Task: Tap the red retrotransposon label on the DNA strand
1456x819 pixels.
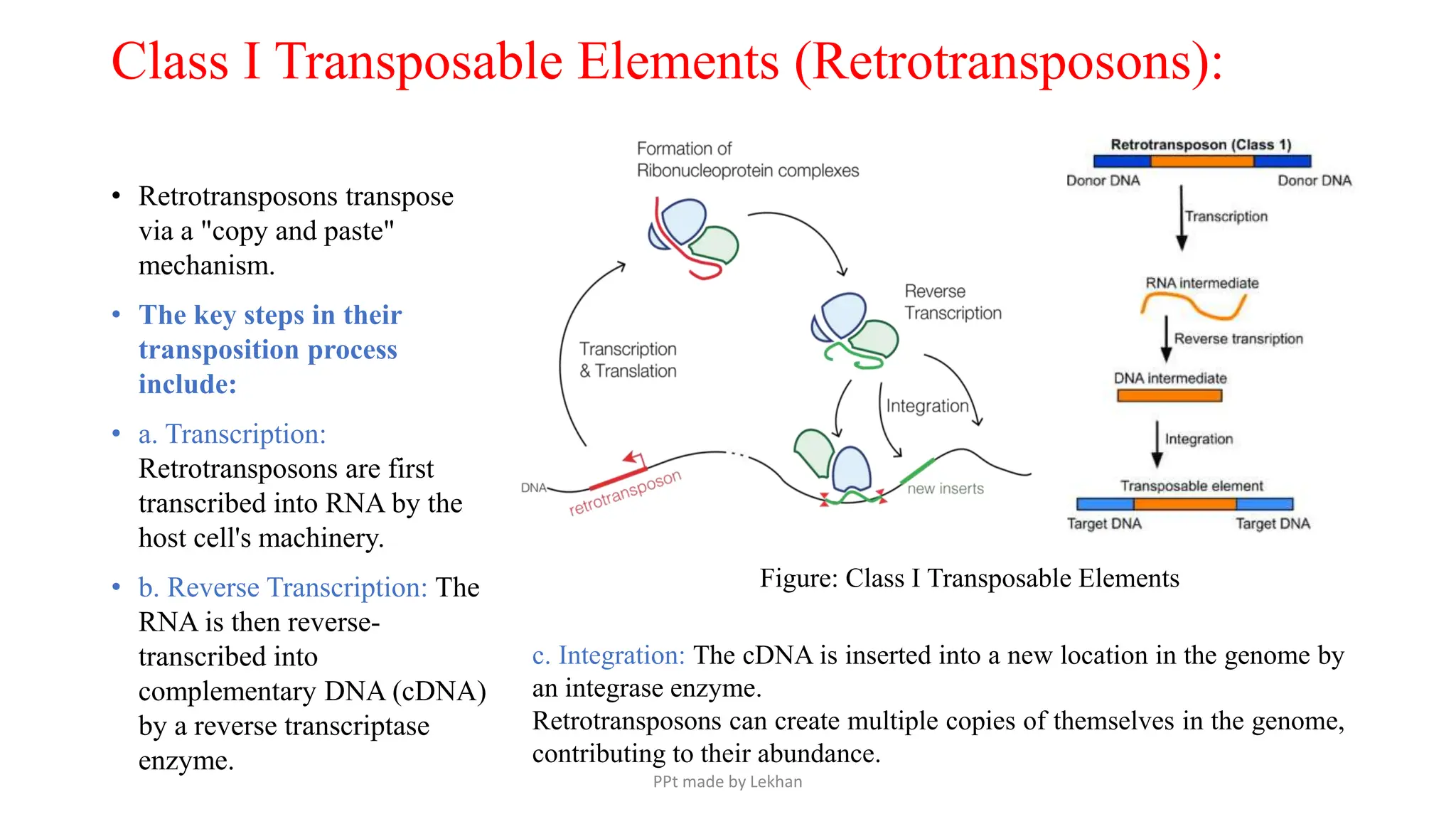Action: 625,492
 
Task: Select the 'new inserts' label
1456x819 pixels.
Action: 945,489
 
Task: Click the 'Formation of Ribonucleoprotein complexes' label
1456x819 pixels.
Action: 746,160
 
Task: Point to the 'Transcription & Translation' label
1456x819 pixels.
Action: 628,360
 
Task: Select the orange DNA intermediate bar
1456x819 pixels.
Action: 1169,396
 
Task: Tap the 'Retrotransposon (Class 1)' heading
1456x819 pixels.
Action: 1201,145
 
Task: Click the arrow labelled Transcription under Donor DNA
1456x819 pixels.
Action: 1182,217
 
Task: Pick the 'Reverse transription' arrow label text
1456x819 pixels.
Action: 1238,339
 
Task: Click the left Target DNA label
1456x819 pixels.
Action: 1103,524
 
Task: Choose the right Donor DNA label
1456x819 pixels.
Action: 1314,181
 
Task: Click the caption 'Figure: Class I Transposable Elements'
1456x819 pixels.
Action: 969,579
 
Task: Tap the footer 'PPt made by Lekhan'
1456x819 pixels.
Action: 727,782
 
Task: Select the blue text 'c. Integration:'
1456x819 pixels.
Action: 608,655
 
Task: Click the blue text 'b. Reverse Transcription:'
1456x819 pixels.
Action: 282,588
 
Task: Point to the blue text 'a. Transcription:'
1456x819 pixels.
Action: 232,434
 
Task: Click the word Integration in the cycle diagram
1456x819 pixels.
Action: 926,406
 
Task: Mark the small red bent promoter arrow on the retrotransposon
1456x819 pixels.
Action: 635,459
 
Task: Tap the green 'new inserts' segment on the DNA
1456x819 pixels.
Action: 917,471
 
